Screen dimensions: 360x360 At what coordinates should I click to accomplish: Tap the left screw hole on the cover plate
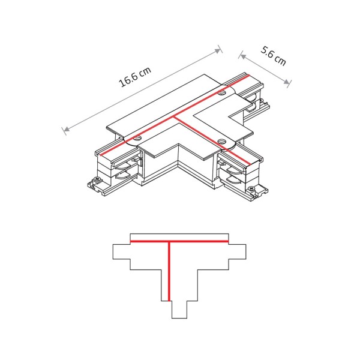coord(137,138)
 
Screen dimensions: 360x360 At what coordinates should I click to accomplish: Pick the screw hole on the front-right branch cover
coord(222,142)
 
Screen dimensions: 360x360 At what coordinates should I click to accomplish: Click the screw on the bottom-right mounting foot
coord(257,193)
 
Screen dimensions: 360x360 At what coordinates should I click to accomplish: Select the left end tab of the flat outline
coord(121,252)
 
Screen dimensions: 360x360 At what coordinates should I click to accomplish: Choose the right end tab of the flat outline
coord(237,252)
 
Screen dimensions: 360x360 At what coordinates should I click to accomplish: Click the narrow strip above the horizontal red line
coord(179,236)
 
